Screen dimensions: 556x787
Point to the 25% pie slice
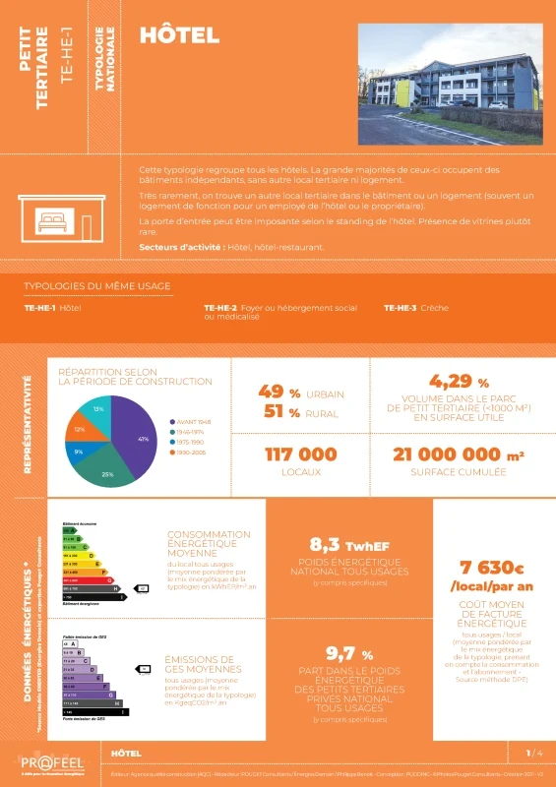(110, 470)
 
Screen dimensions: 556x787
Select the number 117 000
(301, 454)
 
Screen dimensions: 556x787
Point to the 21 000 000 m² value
(458, 454)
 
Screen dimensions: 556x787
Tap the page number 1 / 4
(533, 753)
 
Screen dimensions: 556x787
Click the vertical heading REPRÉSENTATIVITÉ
(27, 422)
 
